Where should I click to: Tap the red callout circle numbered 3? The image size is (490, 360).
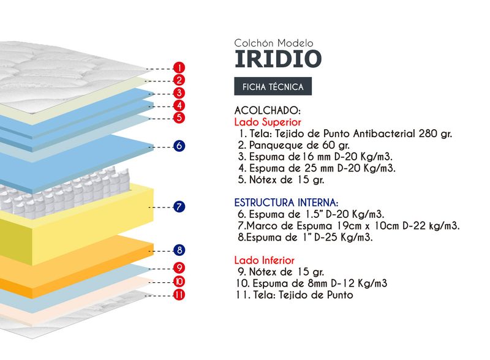[x=179, y=93]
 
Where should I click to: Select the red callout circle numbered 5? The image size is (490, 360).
[x=179, y=117]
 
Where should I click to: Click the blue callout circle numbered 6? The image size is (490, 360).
[x=179, y=146]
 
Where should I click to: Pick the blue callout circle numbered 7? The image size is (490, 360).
[x=179, y=207]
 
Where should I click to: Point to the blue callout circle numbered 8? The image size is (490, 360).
[x=179, y=250]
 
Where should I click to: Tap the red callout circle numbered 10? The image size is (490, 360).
[x=179, y=282]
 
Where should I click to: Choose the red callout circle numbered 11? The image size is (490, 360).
[x=179, y=295]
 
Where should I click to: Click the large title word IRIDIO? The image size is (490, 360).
[x=277, y=59]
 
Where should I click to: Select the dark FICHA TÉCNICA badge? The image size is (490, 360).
[x=273, y=87]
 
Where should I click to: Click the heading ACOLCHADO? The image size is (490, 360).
[x=268, y=111]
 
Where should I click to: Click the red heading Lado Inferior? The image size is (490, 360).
[x=265, y=260]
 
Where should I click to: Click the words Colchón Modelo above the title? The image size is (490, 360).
[x=274, y=43]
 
